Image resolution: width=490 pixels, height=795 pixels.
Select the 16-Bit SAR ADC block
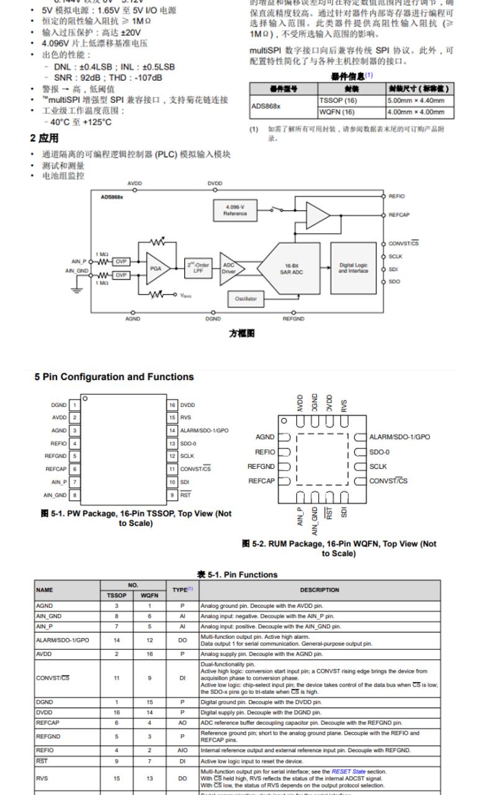[x=289, y=269]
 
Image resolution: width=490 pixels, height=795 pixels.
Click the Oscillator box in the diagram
[x=246, y=299]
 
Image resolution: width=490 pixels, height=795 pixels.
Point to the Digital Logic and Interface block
[x=354, y=268]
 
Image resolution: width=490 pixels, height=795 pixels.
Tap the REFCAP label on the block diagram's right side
[x=399, y=215]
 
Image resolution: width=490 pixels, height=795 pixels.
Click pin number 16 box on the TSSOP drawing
[x=172, y=405]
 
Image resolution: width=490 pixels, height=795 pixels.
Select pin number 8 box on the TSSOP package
[x=74, y=495]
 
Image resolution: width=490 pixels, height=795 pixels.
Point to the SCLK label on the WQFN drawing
[x=378, y=466]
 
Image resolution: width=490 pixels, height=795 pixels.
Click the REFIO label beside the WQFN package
[x=264, y=452]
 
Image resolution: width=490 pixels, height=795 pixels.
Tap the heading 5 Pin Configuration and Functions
[x=114, y=377]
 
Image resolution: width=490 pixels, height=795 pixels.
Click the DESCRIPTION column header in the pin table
[x=319, y=590]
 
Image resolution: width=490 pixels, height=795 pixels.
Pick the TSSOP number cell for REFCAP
[x=117, y=722]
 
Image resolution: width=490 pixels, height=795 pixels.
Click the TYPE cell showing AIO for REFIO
[x=182, y=749]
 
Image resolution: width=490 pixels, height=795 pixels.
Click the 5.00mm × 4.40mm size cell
[x=416, y=100]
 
